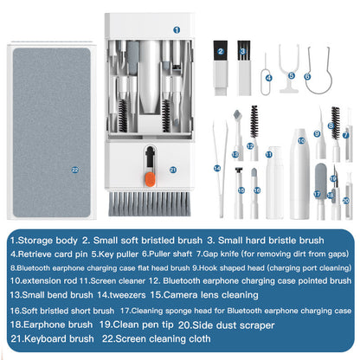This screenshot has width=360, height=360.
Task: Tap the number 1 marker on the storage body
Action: click(x=177, y=29)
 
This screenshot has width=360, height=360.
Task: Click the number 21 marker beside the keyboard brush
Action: click(x=173, y=170)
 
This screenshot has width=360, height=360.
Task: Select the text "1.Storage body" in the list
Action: click(x=42, y=239)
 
